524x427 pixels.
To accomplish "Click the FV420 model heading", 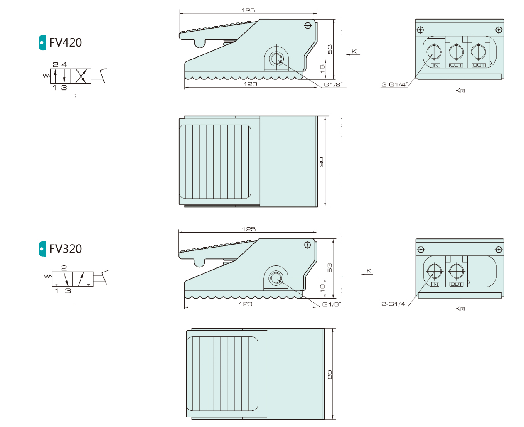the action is coord(66,42).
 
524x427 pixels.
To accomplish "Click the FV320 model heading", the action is coord(66,249).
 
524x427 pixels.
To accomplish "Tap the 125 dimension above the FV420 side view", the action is coord(248,10).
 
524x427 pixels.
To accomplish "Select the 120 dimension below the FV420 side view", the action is coord(250,84).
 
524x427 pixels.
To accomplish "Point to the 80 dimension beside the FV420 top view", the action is coord(321,162).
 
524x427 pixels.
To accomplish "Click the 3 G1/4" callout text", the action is coord(394,84).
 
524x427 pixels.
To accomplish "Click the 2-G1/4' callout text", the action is coord(394,304).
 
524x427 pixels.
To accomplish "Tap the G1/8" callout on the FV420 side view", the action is coord(333,85).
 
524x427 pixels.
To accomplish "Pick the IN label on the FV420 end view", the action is coord(435,65).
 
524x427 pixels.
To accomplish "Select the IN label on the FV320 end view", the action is coord(435,285).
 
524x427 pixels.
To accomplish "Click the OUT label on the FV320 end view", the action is coord(456,285).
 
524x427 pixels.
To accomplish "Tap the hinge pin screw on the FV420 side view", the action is coord(308,25).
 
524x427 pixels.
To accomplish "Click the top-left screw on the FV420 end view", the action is coord(421,30).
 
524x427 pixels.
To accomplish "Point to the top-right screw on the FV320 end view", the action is coord(499,249).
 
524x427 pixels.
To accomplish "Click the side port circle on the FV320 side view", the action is coord(276,278).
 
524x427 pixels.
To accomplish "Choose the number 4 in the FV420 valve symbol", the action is coord(64,65).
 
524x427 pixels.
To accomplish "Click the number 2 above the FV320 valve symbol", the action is coord(64,268).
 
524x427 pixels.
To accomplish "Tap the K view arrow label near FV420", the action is coord(354,52).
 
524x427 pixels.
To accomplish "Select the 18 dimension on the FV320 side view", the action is coord(322,288).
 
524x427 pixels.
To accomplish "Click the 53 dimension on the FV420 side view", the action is coord(330,49).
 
